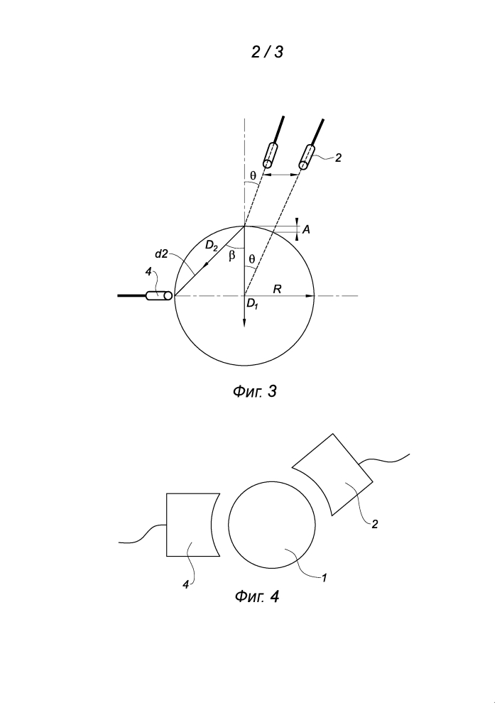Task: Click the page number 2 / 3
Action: point(267,52)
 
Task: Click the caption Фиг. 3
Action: point(254,391)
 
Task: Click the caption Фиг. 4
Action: point(256,596)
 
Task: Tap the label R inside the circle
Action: point(278,289)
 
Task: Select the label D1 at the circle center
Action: point(252,305)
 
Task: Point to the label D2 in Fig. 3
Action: point(212,246)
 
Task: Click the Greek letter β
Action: point(232,256)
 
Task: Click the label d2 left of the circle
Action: point(161,254)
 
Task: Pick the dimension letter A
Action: point(306,230)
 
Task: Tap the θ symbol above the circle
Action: point(253,175)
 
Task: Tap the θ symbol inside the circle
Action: point(252,259)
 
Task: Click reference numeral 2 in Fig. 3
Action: point(338,158)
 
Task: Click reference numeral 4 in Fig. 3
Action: point(148,272)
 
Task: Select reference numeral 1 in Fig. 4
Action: point(324,577)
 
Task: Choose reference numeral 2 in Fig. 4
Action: point(374,525)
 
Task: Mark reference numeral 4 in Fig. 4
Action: point(185,585)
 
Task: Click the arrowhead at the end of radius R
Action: point(310,296)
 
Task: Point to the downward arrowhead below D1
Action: point(244,322)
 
